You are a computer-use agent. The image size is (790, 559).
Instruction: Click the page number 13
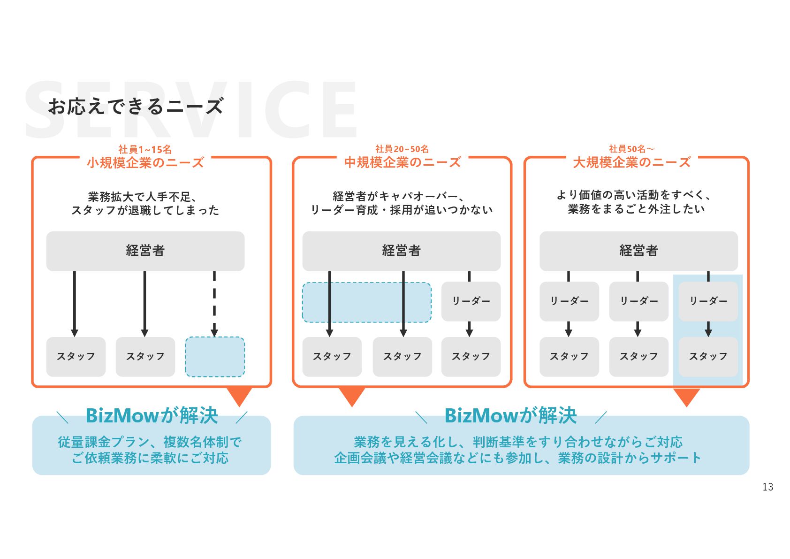click(x=767, y=487)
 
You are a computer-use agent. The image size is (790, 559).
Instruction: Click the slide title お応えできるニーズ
click(x=136, y=107)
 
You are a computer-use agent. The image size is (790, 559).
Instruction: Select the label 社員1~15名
click(x=145, y=149)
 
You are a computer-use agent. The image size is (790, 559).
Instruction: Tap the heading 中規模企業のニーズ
click(x=403, y=162)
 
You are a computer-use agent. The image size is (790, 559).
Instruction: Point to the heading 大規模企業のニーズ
click(x=631, y=162)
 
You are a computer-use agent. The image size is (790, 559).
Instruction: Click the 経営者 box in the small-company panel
click(x=145, y=251)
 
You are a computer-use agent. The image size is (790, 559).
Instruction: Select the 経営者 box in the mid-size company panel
click(x=401, y=251)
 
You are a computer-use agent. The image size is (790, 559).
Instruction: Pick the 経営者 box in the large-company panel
click(x=638, y=251)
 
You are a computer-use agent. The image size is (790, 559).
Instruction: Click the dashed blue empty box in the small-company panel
click(x=215, y=357)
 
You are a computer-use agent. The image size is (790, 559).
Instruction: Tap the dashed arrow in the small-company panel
click(x=214, y=303)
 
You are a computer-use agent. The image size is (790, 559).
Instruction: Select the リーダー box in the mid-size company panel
click(x=471, y=301)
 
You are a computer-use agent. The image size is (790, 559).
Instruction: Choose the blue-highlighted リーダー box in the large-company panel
click(x=708, y=301)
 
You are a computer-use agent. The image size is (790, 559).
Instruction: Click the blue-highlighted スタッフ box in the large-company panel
click(x=708, y=357)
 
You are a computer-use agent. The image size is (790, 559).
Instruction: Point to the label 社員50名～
click(x=631, y=149)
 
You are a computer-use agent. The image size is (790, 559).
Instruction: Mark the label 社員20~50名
click(x=402, y=149)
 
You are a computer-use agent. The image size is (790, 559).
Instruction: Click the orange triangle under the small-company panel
click(x=239, y=396)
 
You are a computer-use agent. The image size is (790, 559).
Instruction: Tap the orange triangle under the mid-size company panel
click(x=352, y=396)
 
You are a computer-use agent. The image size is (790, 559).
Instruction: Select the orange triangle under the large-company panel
click(x=686, y=396)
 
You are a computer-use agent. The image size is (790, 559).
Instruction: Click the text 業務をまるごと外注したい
click(x=636, y=209)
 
